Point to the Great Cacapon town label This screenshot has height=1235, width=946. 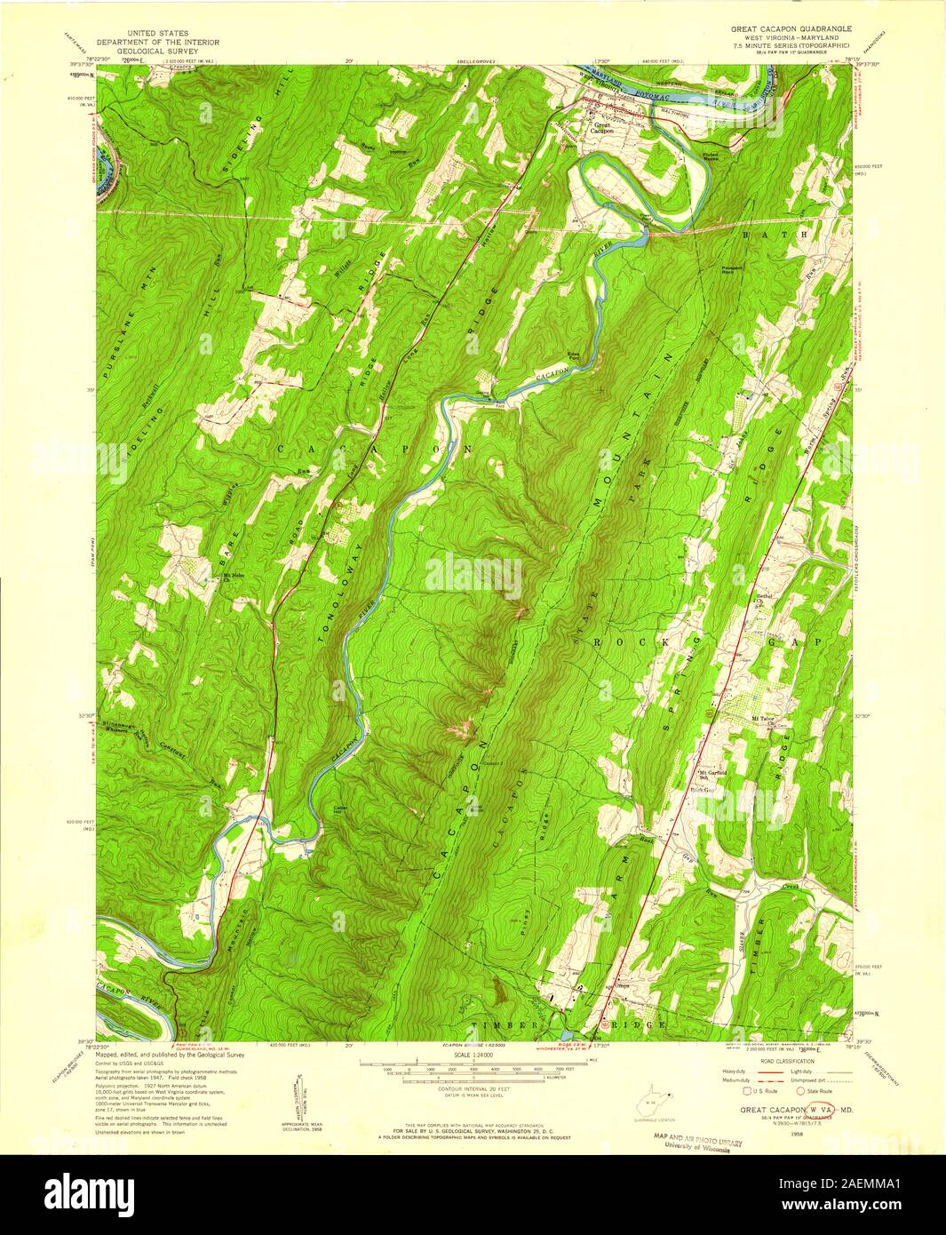[x=604, y=128]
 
